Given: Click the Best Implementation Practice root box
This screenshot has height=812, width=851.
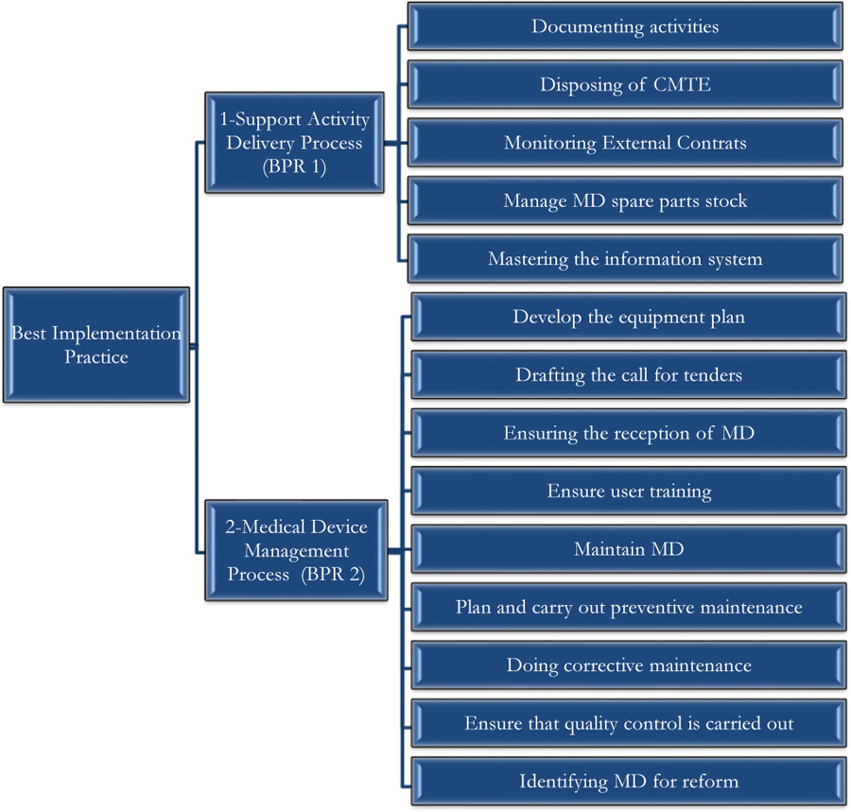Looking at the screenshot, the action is pyautogui.click(x=96, y=345).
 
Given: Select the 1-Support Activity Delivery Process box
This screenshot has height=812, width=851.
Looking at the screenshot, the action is pyautogui.click(x=294, y=143).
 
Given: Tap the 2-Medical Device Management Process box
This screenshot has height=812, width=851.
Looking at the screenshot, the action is pyautogui.click(x=296, y=550).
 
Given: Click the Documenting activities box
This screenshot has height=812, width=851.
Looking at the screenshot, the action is pyautogui.click(x=625, y=26).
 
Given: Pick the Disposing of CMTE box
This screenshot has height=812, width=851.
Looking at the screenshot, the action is pyautogui.click(x=625, y=85).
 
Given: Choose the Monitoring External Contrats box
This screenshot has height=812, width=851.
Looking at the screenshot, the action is pyautogui.click(x=625, y=143).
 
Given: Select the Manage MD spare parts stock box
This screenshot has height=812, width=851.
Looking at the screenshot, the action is pyautogui.click(x=625, y=200).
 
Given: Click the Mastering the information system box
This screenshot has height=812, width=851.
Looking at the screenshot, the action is pyautogui.click(x=625, y=259).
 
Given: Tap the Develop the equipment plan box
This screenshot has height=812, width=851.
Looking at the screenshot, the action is pyautogui.click(x=629, y=317).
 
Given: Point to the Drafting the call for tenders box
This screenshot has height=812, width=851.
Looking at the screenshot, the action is pyautogui.click(x=629, y=375).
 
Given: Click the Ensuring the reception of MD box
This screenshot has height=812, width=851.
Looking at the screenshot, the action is pyautogui.click(x=629, y=433).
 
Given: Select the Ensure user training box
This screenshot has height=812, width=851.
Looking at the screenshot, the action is pyautogui.click(x=629, y=491).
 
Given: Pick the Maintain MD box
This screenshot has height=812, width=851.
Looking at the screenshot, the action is pyautogui.click(x=629, y=549).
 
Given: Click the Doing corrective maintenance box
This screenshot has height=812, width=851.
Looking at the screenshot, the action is pyautogui.click(x=629, y=665).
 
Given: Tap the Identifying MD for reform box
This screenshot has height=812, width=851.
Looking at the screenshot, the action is pyautogui.click(x=629, y=781).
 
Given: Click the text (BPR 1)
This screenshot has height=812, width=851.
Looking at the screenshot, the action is pyautogui.click(x=294, y=166).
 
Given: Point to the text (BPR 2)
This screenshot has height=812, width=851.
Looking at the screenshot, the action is pyautogui.click(x=333, y=574).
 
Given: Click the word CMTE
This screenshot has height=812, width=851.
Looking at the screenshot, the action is pyautogui.click(x=682, y=85).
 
